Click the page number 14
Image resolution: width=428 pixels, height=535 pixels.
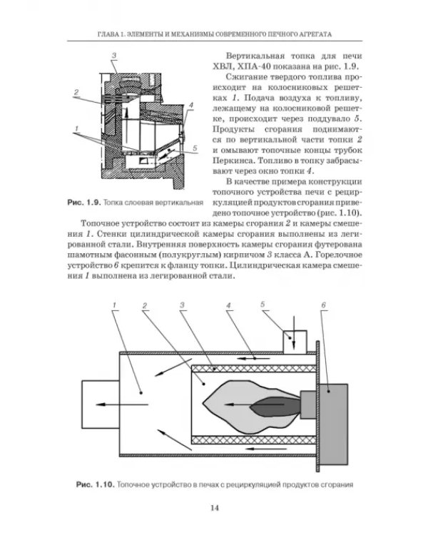coord(214,508)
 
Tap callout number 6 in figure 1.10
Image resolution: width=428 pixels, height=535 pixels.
coord(323,305)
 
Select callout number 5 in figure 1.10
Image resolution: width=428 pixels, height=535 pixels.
coord(263,304)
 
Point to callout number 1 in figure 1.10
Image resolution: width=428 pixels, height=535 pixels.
coord(115,305)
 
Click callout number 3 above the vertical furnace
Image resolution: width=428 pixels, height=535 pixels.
coord(114,55)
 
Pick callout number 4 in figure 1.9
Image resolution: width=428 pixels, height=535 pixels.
coord(190,106)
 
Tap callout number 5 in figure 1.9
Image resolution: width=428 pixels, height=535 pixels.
coord(195,148)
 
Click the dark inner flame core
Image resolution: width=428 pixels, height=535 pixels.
coord(274,406)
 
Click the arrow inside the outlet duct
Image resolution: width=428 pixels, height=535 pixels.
coord(122,404)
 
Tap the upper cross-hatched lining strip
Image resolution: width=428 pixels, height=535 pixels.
coord(254,369)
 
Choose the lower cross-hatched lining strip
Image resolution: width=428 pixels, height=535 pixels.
coord(254,440)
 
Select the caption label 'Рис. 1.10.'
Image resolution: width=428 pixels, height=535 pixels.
coord(95,485)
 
